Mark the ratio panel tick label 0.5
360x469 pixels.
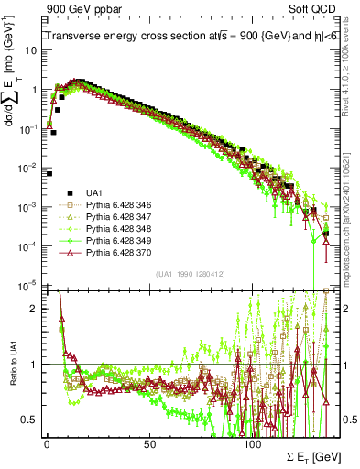coord(31,420)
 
